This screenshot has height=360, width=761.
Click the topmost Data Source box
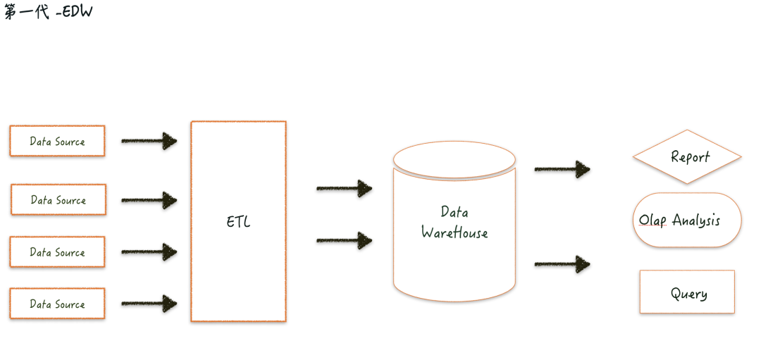57,141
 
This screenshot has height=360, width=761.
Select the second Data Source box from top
58,199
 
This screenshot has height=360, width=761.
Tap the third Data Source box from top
57,252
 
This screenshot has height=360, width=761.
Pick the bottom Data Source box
57,304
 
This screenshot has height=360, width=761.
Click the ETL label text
238,222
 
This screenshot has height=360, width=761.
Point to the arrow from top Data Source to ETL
149,141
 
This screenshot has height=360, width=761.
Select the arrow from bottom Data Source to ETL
149,304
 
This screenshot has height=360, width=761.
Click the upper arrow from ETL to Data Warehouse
344,188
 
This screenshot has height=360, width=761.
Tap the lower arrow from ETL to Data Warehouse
344,240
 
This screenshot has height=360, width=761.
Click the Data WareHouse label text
454,222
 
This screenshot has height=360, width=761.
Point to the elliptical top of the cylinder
454,159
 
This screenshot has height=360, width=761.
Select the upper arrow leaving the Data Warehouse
562,169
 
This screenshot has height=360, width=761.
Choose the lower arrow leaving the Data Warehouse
562,264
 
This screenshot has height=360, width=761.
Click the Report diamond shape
687,156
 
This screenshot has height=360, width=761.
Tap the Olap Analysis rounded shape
687,220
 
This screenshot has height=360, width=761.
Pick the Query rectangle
687,292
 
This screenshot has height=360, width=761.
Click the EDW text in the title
78,12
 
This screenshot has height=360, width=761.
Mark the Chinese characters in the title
26,12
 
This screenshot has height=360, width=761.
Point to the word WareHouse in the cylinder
454,232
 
